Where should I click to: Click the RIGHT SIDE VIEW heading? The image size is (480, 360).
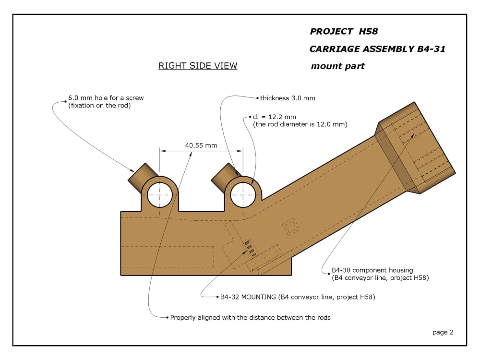point(198,65)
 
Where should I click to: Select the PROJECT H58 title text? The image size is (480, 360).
point(344,32)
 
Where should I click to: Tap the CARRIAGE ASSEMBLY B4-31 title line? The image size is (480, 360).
point(377,49)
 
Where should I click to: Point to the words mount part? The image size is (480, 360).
point(337,66)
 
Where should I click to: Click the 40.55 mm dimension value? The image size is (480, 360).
point(201,145)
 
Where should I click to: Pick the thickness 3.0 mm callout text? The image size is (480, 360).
point(288,98)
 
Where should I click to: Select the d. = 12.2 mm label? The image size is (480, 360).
point(274,117)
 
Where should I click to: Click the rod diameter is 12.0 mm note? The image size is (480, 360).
point(300,124)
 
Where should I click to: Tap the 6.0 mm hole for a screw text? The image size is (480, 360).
point(106,98)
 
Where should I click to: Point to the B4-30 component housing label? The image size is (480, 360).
point(372,270)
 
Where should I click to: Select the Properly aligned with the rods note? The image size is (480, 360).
point(250,317)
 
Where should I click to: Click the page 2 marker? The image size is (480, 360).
point(443,333)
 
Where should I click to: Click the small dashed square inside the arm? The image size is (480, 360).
point(290,227)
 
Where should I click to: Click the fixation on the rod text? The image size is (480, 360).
point(99,106)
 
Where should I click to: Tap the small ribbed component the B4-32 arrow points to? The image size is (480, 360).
point(249,248)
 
